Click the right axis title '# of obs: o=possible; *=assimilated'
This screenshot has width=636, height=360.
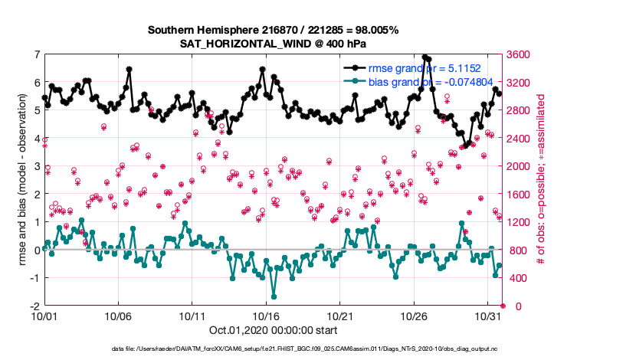(x=542, y=180)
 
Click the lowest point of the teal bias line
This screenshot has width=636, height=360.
(x=274, y=296)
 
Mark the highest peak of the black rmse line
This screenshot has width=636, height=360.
(x=425, y=57)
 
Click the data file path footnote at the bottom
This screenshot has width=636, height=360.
(x=317, y=349)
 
